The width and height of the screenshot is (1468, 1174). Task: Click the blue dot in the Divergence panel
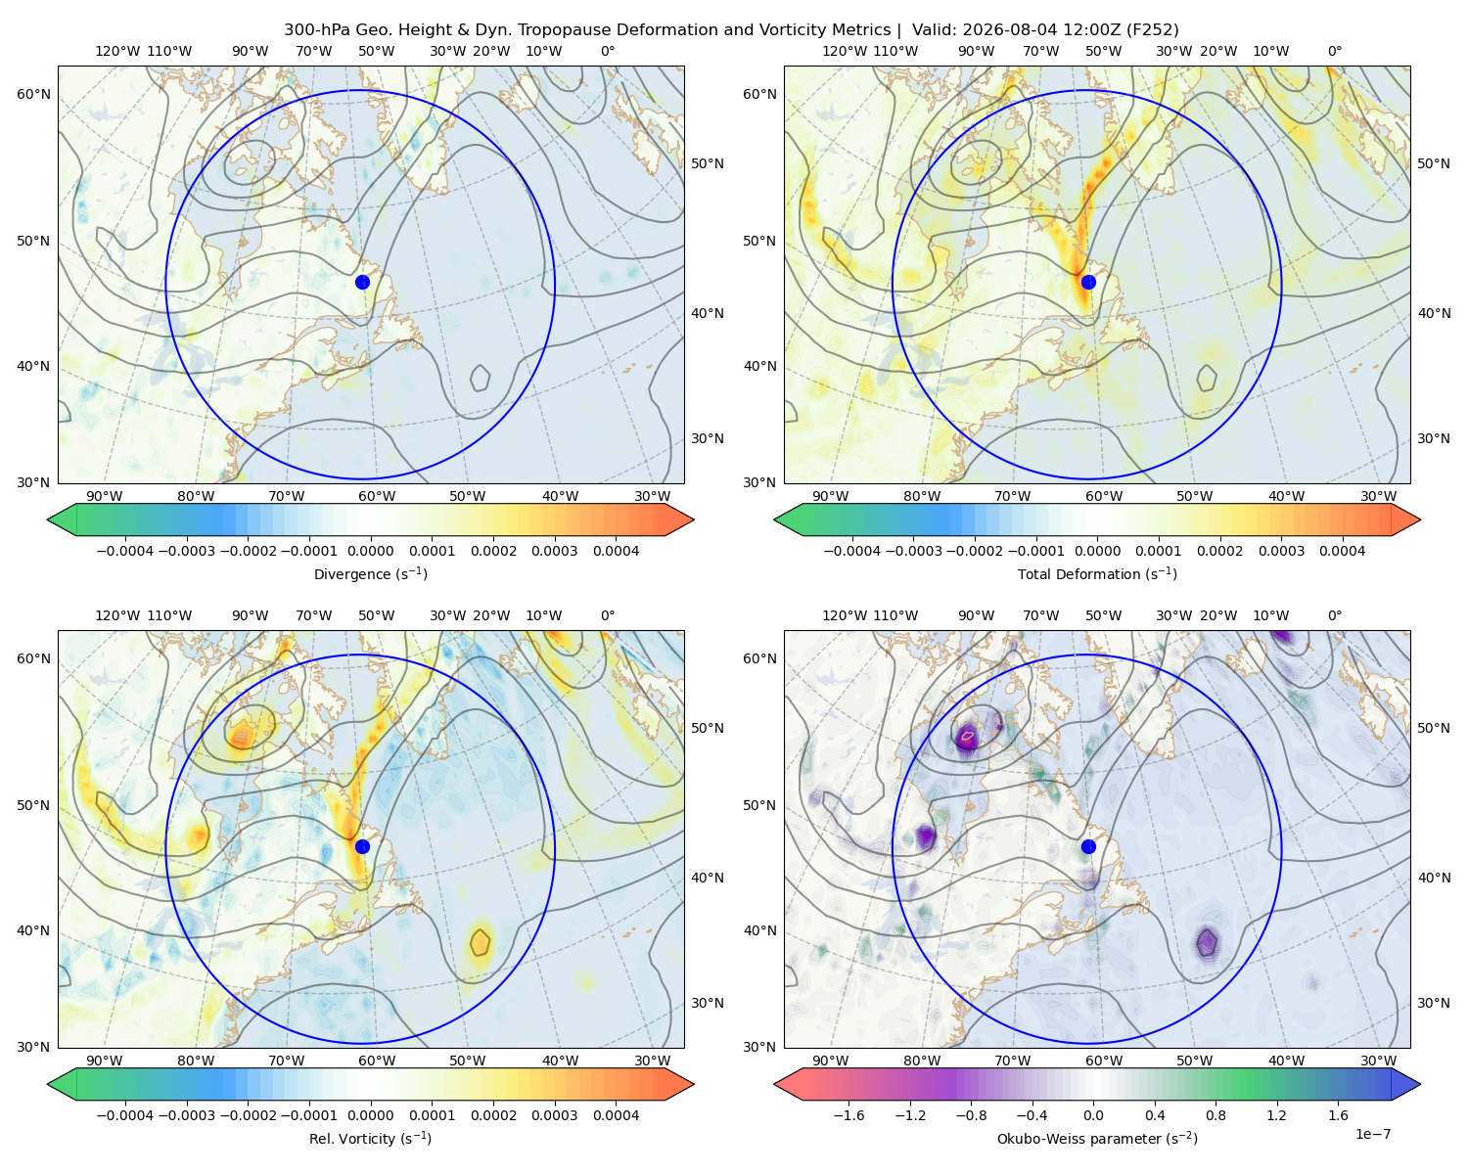362,282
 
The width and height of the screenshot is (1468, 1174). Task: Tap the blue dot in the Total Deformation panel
1088,282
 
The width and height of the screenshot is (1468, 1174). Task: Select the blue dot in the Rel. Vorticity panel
362,846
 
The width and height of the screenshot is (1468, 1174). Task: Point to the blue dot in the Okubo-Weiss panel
1088,846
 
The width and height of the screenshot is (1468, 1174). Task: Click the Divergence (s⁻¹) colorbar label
370,573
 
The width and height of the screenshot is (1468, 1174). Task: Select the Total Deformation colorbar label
1097,573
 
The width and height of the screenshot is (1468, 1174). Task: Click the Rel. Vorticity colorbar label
370,1138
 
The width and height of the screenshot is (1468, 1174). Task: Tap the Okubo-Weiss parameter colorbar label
1097,1138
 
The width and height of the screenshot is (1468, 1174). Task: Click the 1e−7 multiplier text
1372,1134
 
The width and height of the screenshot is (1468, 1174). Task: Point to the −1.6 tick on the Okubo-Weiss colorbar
849,1114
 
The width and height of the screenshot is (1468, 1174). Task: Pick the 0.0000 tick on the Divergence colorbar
370,551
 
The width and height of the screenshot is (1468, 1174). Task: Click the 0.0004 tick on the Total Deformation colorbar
1342,551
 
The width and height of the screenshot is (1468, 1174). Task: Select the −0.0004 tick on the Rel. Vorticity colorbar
125,1114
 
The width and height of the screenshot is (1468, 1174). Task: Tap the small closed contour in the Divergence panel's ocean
481,378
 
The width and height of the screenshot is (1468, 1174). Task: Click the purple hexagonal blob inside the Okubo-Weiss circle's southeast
1207,942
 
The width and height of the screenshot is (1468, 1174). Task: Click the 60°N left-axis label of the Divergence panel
33,94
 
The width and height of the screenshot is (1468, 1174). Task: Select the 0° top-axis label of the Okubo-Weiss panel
1334,614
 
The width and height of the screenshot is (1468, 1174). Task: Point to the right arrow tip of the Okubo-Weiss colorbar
1420,1084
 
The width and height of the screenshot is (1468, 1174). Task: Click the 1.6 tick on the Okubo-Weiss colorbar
1338,1114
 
